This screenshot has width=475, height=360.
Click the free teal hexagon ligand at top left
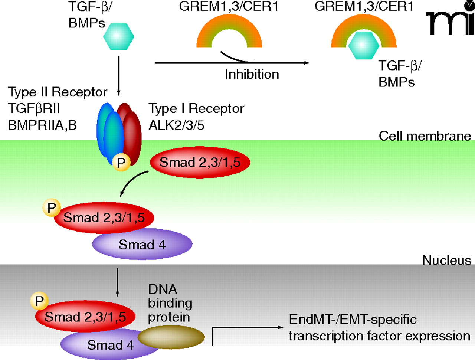118,37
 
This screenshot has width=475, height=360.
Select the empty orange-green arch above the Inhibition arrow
229,32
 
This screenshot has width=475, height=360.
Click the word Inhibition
252,74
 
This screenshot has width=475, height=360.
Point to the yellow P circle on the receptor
121,162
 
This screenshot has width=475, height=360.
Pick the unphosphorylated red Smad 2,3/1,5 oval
200,163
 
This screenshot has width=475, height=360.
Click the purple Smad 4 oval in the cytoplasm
142,245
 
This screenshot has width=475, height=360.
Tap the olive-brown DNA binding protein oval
171,337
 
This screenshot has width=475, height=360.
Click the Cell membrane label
425,136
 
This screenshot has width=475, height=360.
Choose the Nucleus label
446,260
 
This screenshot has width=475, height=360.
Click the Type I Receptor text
196,108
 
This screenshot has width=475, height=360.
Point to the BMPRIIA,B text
42,125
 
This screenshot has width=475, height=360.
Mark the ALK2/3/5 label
176,125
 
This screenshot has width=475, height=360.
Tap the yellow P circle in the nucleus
39,301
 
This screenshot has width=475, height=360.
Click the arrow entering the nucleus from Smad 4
117,282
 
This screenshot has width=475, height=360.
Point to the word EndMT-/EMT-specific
353,320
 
